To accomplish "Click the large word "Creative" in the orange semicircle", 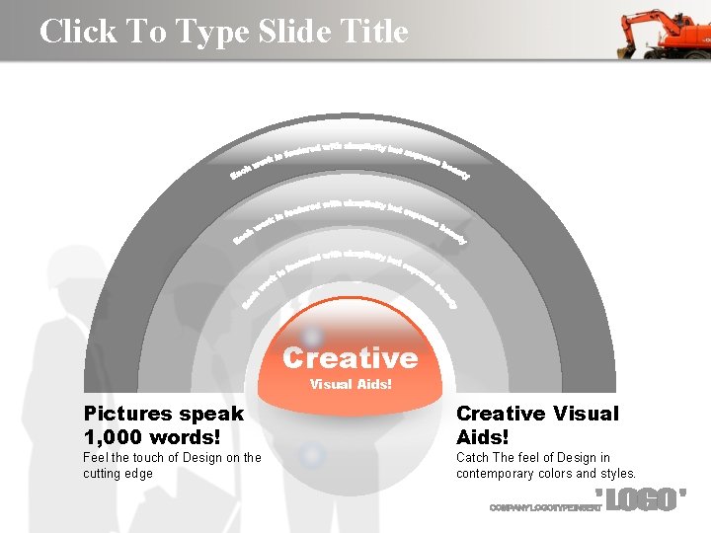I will pos(351,357).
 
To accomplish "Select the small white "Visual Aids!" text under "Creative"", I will pos(351,384).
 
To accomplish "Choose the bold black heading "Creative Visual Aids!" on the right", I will pos(537,424).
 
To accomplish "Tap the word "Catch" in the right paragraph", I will pos(473,458).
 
